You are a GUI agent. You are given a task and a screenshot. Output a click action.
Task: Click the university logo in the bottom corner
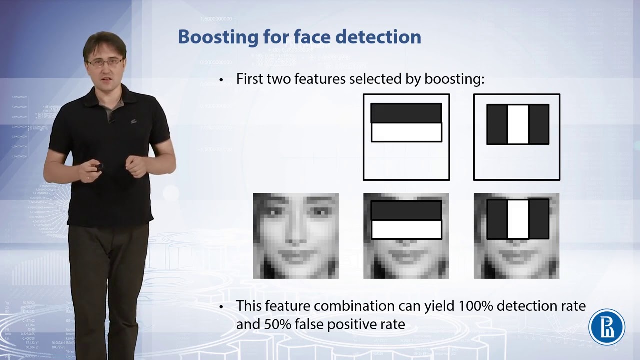click(x=607, y=327)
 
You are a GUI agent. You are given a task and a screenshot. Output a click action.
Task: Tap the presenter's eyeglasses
click(x=105, y=62)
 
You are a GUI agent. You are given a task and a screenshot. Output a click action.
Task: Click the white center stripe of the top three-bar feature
click(x=518, y=125)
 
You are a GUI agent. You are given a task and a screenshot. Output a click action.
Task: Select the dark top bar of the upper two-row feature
click(x=406, y=113)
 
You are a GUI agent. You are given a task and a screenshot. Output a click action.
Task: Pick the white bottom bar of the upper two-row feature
click(x=406, y=132)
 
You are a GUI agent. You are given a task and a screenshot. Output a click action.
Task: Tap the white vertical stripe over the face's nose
click(x=518, y=219)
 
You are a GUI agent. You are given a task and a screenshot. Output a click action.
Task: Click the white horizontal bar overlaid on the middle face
click(x=406, y=229)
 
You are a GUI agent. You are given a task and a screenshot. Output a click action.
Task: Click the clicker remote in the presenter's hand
click(x=98, y=166)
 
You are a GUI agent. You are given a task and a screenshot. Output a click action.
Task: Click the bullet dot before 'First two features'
click(x=221, y=80)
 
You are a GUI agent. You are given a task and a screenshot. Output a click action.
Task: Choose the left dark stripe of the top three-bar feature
click(x=497, y=125)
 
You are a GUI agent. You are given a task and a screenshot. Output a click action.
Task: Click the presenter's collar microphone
click(x=112, y=120)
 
